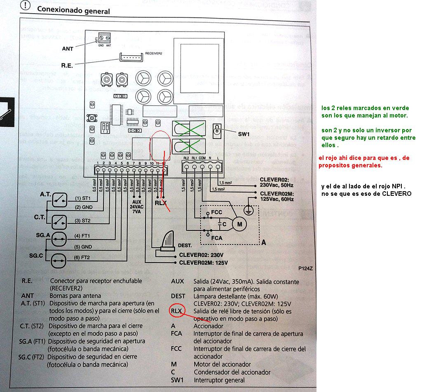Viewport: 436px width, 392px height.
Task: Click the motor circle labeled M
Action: coord(238,224)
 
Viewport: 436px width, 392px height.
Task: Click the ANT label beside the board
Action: coord(68,49)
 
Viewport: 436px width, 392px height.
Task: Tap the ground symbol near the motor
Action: coord(248,209)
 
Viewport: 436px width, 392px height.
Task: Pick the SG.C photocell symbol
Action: coord(58,260)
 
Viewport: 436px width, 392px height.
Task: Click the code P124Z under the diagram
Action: coord(306,269)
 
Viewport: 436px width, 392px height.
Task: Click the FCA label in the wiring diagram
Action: coord(217,238)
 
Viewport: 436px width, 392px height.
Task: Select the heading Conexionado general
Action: coord(73,10)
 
